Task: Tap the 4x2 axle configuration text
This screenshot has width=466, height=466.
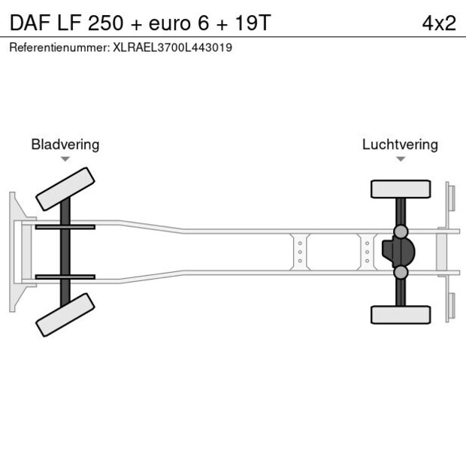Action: point(438,23)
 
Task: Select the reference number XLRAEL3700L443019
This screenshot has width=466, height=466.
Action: point(172,47)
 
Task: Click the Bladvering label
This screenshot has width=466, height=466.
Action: point(65,144)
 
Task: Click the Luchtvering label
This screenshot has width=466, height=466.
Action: point(400,144)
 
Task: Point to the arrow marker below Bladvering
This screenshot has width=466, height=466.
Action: point(65,159)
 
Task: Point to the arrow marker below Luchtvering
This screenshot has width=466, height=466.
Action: point(401,159)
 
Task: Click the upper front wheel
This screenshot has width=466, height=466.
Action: point(66,189)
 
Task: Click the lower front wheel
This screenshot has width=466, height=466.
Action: point(66,313)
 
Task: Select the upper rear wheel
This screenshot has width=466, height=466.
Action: point(401,189)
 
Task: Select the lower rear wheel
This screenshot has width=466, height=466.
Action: point(401,314)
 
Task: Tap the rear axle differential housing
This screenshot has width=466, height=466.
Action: point(399,251)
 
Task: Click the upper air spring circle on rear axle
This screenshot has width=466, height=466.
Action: point(401,231)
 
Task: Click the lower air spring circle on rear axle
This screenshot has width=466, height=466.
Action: point(401,271)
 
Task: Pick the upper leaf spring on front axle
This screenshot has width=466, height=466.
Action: point(65,226)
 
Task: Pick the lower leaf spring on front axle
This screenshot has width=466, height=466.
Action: point(65,277)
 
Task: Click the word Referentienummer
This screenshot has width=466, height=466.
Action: point(58,47)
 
